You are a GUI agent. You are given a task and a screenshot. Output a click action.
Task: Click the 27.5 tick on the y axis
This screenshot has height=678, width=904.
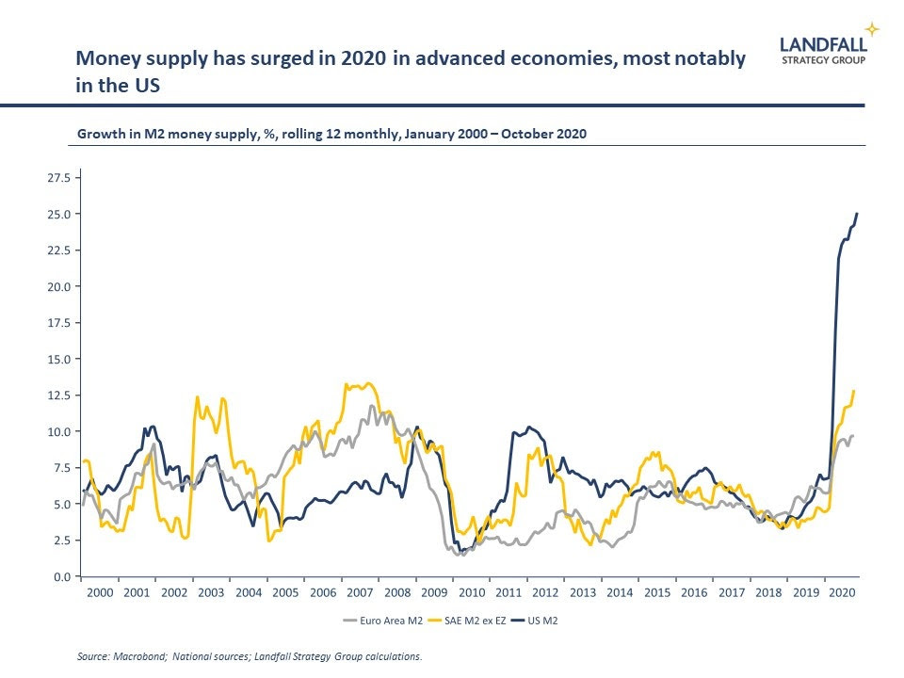(x=59, y=177)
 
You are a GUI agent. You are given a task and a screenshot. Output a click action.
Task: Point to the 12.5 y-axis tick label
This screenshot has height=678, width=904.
(x=59, y=395)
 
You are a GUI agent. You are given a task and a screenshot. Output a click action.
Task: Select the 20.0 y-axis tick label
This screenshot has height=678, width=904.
(x=59, y=286)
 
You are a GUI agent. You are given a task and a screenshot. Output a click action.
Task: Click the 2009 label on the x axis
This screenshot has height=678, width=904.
(x=434, y=593)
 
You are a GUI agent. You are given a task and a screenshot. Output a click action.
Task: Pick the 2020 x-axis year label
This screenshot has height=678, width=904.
(x=843, y=593)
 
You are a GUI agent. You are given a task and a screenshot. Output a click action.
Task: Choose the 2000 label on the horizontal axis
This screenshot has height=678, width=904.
(x=100, y=593)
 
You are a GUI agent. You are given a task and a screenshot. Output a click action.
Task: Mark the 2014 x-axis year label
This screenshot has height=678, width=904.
(x=620, y=593)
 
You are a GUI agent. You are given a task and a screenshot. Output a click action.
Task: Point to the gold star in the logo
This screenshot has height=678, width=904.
(x=873, y=28)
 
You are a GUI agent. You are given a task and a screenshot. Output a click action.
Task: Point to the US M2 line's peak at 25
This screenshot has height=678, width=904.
(x=857, y=214)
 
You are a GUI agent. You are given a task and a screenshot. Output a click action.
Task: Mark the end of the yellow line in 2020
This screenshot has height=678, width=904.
(x=854, y=391)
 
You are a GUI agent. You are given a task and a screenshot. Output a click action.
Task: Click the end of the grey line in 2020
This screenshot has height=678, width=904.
(x=852, y=436)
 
